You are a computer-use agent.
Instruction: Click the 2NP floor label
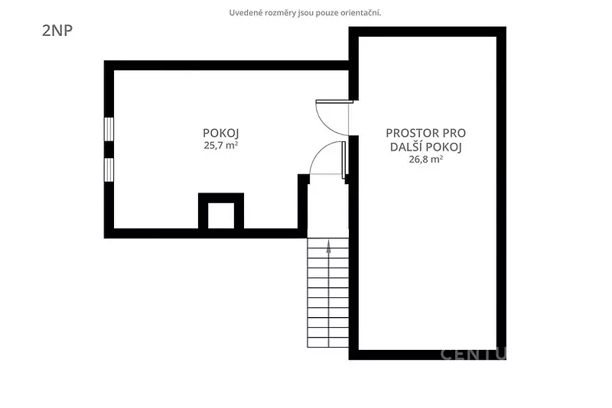(x=57, y=31)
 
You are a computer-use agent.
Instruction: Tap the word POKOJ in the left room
(x=220, y=133)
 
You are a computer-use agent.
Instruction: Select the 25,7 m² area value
(x=221, y=145)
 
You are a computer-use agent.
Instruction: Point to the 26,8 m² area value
(x=426, y=159)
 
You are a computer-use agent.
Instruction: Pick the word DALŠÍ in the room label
(x=406, y=147)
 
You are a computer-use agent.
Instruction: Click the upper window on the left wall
(x=109, y=129)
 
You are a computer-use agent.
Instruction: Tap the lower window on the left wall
(x=109, y=170)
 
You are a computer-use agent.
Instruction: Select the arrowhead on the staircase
(x=329, y=247)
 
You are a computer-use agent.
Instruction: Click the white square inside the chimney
(x=221, y=215)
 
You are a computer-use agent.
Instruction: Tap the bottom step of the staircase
(x=328, y=342)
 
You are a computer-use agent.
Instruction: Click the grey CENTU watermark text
(x=474, y=354)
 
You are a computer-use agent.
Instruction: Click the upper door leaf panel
(x=334, y=102)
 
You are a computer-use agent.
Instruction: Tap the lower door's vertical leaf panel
(x=343, y=160)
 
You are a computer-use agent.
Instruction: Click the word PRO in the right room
(x=454, y=133)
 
